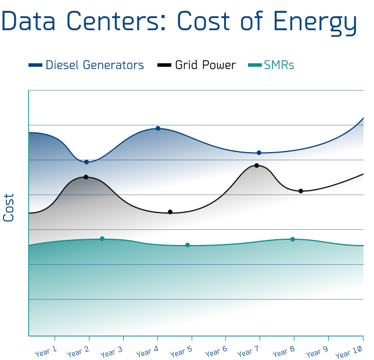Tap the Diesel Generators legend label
click(x=95, y=65)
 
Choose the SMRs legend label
click(x=279, y=65)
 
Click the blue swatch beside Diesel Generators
click(x=35, y=66)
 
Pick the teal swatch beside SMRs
click(x=254, y=66)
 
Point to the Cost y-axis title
click(x=9, y=207)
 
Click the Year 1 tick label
click(x=46, y=351)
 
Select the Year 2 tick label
click(x=78, y=351)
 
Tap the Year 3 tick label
click(x=112, y=351)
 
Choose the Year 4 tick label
click(x=148, y=351)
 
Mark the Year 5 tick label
click(x=181, y=351)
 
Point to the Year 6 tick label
click(x=215, y=351)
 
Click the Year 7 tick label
click(x=249, y=351)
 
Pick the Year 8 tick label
click(x=283, y=351)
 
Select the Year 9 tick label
click(x=317, y=351)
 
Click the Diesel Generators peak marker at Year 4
click(x=157, y=128)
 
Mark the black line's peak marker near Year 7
click(x=256, y=165)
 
